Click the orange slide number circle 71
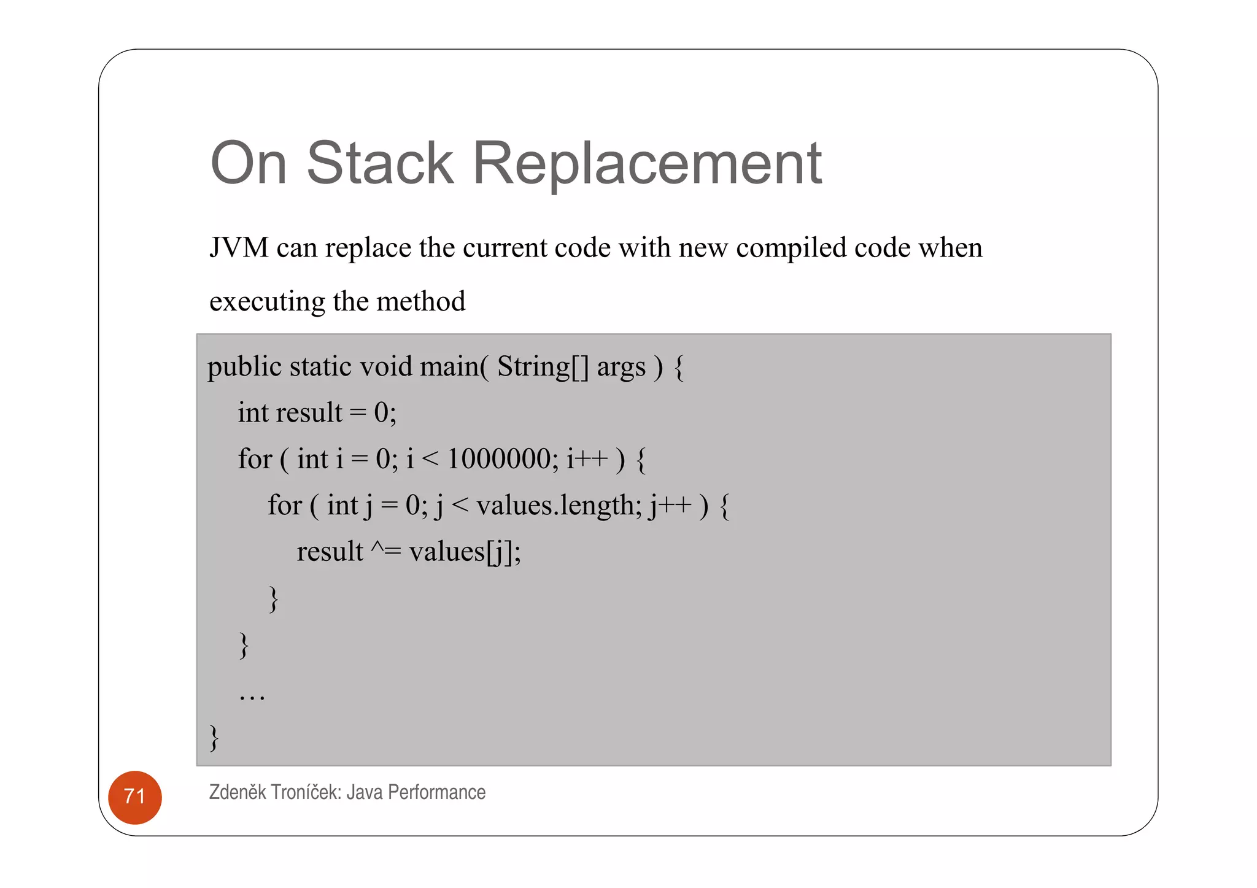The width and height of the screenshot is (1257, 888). pos(134,797)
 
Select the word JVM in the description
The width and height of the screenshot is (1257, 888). pos(239,247)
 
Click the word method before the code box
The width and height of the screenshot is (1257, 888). pos(420,301)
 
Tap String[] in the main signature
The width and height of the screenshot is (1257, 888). pos(543,367)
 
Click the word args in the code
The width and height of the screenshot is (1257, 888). pos(621,367)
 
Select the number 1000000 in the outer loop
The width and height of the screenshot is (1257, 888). pos(499,459)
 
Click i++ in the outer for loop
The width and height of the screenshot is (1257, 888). pos(587,459)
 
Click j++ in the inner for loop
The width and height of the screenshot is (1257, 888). pos(670,506)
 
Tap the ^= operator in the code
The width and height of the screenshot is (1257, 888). pos(385,550)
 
